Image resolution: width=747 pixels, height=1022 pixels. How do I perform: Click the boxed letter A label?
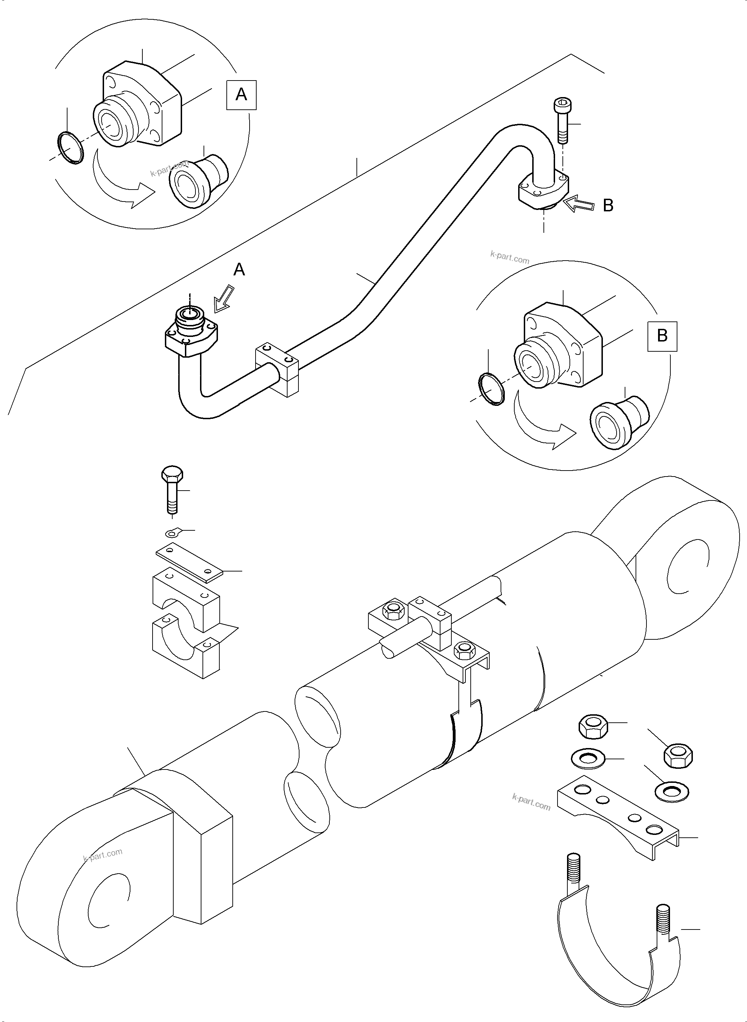pyautogui.click(x=241, y=95)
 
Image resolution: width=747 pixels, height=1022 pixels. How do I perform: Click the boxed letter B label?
pyautogui.click(x=662, y=336)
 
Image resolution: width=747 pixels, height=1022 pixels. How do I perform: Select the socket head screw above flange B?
pyautogui.click(x=561, y=121)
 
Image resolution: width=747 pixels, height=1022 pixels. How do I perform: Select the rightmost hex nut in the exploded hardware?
pyautogui.click(x=678, y=756)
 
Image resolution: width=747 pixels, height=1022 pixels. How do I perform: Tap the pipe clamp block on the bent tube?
pyautogui.click(x=278, y=370)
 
